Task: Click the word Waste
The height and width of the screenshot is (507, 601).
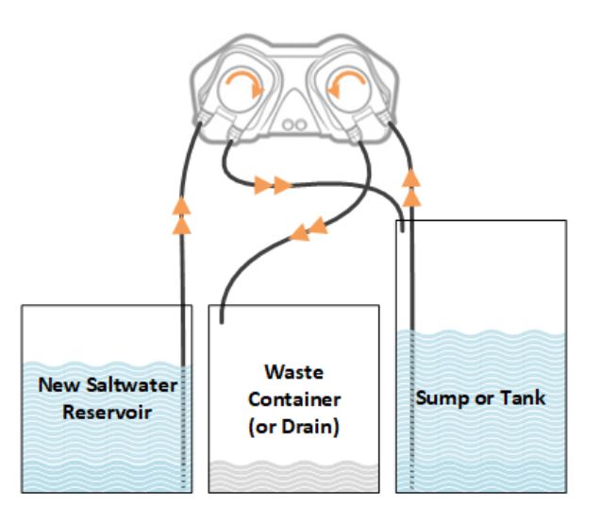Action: (294, 372)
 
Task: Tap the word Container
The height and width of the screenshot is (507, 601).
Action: (294, 399)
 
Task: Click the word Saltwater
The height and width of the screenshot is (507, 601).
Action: (132, 384)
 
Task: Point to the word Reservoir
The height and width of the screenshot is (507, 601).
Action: (107, 412)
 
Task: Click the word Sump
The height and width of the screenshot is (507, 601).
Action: (442, 398)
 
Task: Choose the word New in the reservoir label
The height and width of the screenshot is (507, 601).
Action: (60, 384)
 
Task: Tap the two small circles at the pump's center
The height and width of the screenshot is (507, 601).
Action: (294, 125)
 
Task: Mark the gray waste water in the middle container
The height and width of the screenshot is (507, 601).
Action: (294, 477)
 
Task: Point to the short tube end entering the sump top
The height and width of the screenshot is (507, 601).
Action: (402, 227)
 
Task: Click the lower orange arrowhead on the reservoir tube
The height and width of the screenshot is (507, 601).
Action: (182, 227)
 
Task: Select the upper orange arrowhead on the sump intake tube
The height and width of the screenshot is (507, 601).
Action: (411, 177)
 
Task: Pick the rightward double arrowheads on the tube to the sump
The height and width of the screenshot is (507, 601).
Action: (273, 186)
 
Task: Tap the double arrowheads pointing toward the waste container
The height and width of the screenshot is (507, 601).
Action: (309, 229)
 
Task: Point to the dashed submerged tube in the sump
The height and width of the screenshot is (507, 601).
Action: (412, 410)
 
